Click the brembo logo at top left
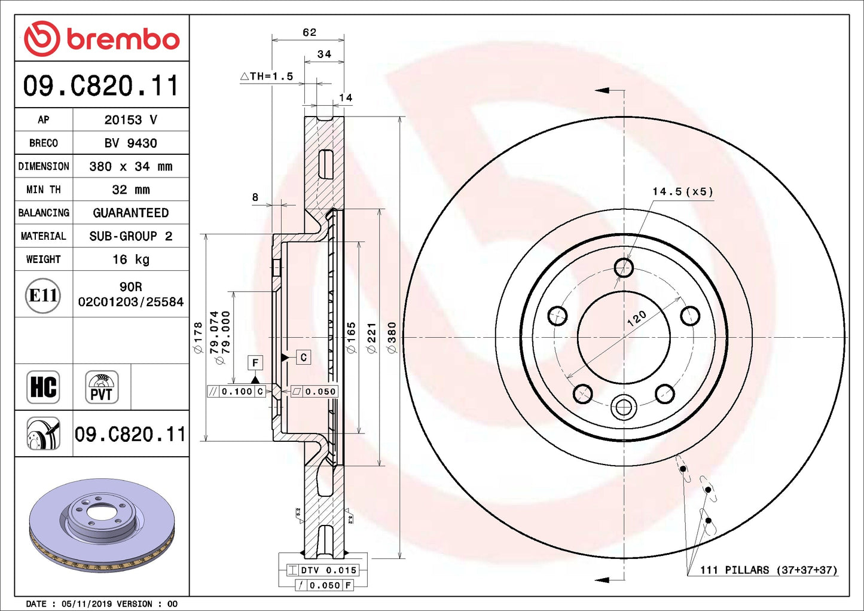102,39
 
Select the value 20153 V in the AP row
130,120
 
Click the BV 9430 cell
130,143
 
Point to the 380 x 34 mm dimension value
130,166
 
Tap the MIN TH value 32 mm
130,190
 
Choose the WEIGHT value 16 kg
130,259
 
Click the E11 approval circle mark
43,295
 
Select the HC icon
43,387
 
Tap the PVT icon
101,387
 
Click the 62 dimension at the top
309,32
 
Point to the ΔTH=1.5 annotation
267,76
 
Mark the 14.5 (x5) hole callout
682,191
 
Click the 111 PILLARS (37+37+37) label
768,570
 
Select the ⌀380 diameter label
392,338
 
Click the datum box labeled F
255,362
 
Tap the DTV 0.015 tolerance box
322,570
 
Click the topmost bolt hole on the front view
624,267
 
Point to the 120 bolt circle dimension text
636,318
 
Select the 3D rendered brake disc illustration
102,525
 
